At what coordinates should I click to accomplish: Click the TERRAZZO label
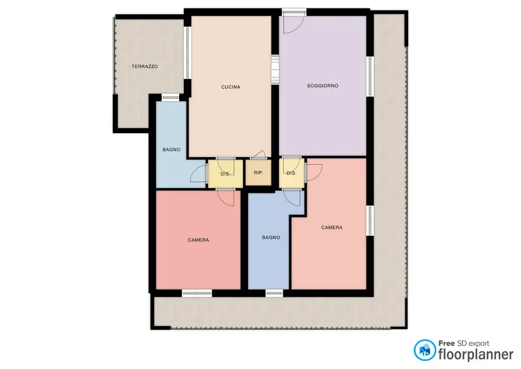(144, 66)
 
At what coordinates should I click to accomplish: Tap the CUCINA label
(231, 87)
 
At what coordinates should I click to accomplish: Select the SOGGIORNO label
(322, 86)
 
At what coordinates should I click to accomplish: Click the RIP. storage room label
(258, 173)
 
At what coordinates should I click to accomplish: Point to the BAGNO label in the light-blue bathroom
(171, 150)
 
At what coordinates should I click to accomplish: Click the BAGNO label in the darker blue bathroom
(271, 237)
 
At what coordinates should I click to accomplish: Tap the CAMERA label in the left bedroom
(199, 240)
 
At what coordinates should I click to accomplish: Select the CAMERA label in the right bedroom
(332, 228)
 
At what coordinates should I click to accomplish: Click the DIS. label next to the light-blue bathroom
(225, 174)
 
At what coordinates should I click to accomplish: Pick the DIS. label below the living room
(291, 173)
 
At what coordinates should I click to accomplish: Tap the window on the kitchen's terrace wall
(187, 53)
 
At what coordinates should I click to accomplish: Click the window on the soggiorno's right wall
(370, 77)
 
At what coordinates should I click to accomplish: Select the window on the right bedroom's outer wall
(370, 221)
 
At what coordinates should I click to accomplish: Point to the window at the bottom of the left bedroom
(196, 293)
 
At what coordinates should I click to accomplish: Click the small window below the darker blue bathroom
(274, 293)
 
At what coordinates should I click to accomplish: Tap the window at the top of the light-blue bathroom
(170, 97)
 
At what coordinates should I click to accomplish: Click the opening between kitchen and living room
(275, 70)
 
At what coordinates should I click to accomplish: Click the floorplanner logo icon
(424, 350)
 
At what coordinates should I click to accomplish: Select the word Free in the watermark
(447, 343)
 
